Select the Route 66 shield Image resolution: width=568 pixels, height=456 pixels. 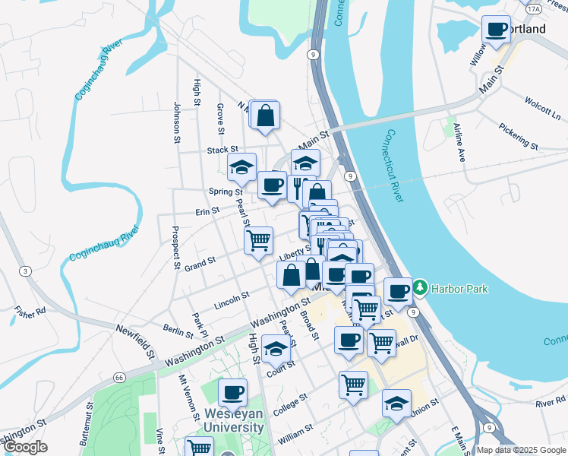119,377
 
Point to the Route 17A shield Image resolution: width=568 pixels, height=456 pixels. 534,8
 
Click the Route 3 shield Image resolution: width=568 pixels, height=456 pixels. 26,271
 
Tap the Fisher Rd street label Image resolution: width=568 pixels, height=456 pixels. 30,310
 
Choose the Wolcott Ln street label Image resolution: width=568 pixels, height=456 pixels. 542,109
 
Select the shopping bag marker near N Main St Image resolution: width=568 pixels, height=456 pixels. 265,116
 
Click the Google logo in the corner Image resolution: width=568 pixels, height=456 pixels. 25,447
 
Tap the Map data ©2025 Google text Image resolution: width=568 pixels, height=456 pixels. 521,450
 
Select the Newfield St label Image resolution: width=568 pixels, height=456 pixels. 135,340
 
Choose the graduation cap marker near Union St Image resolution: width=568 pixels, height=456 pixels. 396,404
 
